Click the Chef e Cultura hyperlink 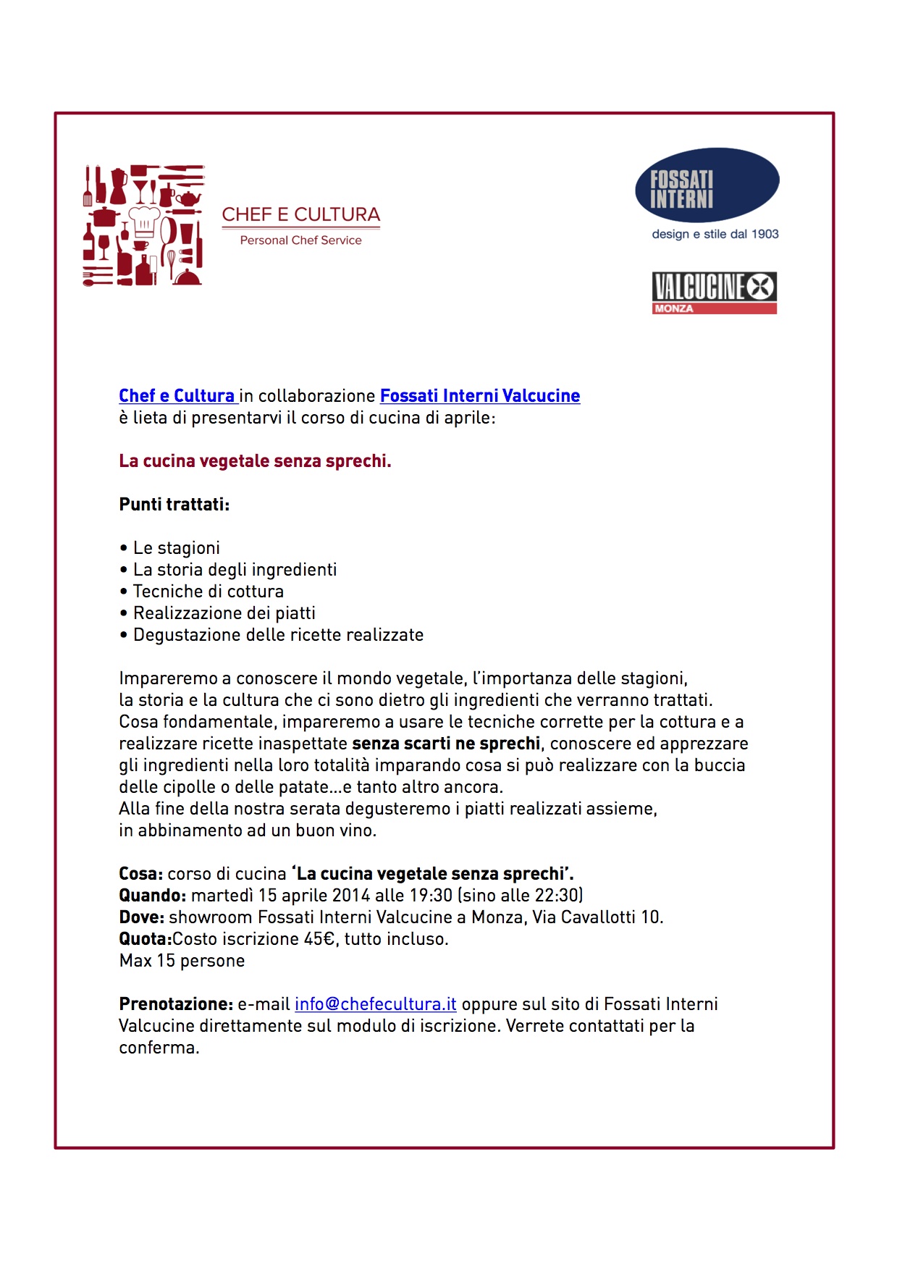(177, 396)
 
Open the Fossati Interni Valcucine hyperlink (480, 396)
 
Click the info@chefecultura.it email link (375, 1004)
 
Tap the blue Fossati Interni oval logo (707, 185)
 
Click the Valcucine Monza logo (714, 293)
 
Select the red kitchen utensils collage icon (143, 225)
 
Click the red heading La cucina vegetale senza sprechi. (255, 461)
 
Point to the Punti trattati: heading (174, 505)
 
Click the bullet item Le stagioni (176, 548)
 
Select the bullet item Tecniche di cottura (208, 592)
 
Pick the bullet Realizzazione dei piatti (224, 613)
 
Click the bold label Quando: (153, 896)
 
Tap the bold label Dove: (141, 917)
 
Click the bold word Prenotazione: (176, 1004)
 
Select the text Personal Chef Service (300, 240)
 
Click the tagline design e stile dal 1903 (715, 234)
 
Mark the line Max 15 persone (182, 961)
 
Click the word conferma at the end (158, 1048)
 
